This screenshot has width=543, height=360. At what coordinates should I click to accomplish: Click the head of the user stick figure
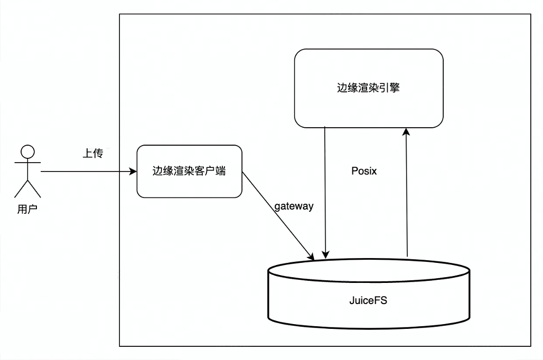coord(27,151)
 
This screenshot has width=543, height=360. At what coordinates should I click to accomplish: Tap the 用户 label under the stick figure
coord(27,209)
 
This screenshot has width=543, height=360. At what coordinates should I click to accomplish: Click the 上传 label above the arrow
coord(93,153)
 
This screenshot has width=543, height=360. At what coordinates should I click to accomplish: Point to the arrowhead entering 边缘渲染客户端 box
coord(133,172)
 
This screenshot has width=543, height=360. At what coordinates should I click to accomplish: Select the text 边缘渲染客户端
coord(189,171)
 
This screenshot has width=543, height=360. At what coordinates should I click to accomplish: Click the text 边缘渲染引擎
coord(369,88)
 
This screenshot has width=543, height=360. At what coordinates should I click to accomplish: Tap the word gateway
coord(294,206)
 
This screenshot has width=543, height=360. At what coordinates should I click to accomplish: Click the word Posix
coord(364,171)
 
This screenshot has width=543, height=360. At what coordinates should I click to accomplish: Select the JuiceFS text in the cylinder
coord(368,300)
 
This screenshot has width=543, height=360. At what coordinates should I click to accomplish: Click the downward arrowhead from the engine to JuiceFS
coord(325,255)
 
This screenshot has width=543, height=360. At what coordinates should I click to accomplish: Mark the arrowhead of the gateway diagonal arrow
coord(311,257)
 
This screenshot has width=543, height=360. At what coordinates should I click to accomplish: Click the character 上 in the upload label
coord(88,153)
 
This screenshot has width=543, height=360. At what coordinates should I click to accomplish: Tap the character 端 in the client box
coord(221,171)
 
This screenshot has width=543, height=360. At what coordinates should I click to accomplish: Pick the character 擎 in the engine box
coord(395,88)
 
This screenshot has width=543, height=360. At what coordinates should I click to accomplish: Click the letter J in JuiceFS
coord(351,300)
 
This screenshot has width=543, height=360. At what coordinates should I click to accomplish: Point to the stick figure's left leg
coord(21,189)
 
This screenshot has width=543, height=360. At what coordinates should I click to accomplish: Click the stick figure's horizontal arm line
coord(27,163)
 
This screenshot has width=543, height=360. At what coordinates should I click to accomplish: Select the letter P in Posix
coord(354,171)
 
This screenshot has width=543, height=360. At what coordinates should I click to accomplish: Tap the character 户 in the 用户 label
coord(33,209)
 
